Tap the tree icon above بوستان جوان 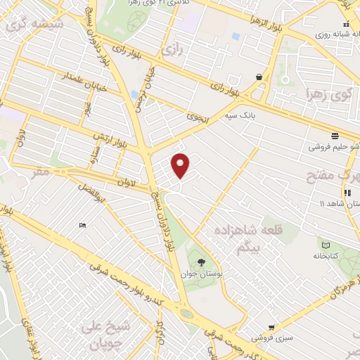pos(202,262)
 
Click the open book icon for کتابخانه pos(325,244)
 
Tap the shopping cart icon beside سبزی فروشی pos(271,327)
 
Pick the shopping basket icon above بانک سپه pos(259,77)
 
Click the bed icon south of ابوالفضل pos(83,225)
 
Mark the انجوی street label pos(199,119)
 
